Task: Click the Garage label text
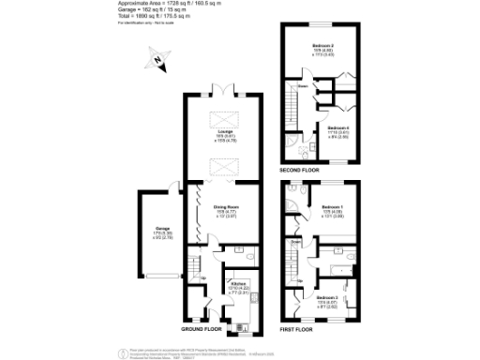coord(150,228)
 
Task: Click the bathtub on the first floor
coord(334,269)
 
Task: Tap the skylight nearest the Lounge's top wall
coord(222,117)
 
